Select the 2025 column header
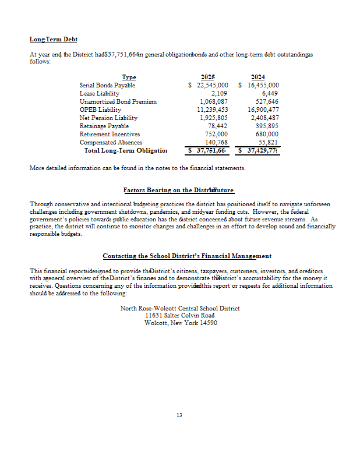(x=207, y=77)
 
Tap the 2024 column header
(x=257, y=77)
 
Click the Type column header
(x=129, y=77)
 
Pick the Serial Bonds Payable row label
(x=107, y=85)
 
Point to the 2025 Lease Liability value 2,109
(x=219, y=93)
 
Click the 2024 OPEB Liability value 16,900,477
(x=263, y=110)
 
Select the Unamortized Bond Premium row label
(x=118, y=101)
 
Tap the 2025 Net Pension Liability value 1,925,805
(x=213, y=118)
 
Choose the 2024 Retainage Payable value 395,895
(x=267, y=126)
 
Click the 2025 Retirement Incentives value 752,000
(x=217, y=134)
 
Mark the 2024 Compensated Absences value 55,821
(x=269, y=142)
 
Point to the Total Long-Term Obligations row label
(x=125, y=150)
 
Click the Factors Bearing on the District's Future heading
(x=179, y=190)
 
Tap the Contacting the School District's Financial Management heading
(x=187, y=256)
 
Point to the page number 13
(x=179, y=415)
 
